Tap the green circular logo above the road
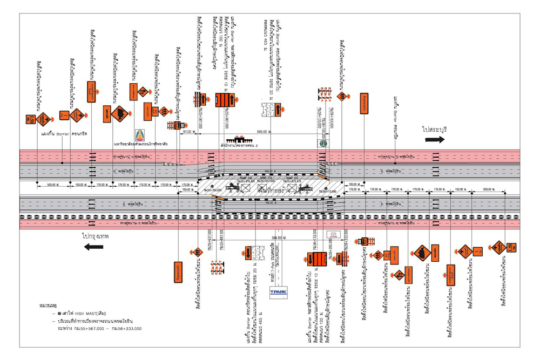tap(323, 144)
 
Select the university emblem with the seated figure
tap(140, 135)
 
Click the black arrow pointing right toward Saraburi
tap(434, 139)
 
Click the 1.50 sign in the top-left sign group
tap(31, 118)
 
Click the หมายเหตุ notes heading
tap(49, 305)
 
